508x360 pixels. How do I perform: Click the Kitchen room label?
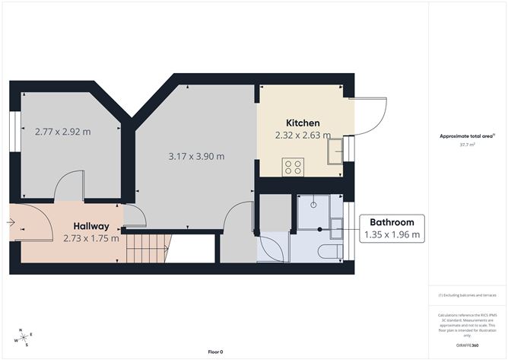303,123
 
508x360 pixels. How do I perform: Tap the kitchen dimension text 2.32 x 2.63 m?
303,135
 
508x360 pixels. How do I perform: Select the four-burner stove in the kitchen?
293,167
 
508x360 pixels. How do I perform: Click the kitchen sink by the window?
335,153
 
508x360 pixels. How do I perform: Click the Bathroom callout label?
392,221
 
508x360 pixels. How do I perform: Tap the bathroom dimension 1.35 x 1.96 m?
392,235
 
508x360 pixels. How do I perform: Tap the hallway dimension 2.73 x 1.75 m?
91,238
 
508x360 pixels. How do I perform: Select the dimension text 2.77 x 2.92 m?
62,131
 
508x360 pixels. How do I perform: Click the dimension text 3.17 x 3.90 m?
196,156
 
